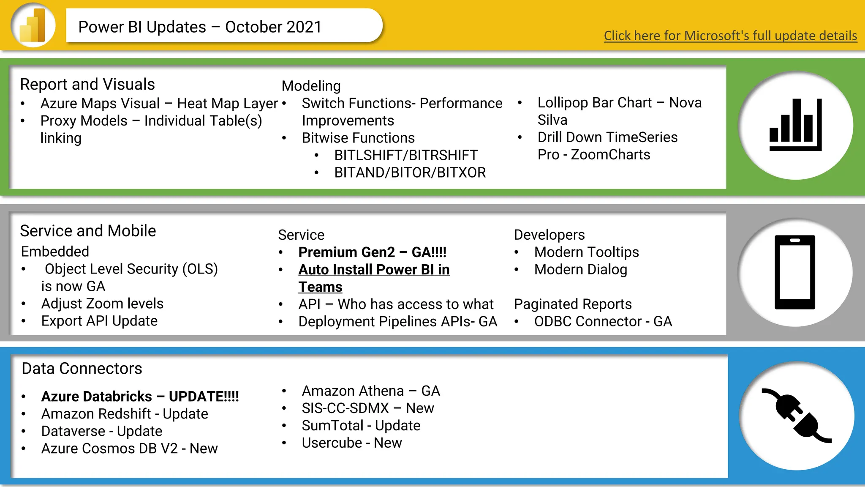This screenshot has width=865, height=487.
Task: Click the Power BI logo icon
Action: tap(33, 25)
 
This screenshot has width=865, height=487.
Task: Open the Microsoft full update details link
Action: tap(730, 36)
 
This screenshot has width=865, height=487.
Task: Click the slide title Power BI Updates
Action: tap(200, 27)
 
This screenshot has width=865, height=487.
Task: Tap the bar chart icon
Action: tap(795, 125)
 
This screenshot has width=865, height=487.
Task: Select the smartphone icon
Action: tap(794, 272)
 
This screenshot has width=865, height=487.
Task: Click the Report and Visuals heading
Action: tap(87, 84)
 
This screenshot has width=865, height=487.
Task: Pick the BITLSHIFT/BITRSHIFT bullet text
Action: tap(405, 155)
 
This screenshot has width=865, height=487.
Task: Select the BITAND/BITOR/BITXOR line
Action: tap(410, 172)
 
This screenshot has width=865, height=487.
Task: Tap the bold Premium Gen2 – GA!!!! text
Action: tap(372, 252)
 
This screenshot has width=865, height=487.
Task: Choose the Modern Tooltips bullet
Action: tap(586, 252)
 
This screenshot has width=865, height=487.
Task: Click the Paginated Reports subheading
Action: tap(572, 304)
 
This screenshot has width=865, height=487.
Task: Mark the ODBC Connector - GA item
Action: tap(603, 321)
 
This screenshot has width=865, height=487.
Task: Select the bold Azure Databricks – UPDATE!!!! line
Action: tap(140, 396)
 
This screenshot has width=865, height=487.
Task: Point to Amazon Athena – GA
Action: tap(370, 391)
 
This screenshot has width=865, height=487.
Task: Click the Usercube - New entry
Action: tap(351, 443)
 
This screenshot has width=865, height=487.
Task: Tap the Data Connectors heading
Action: tap(82, 368)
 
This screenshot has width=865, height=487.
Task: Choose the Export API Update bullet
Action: tap(99, 321)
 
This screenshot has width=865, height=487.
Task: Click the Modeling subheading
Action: tap(311, 86)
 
